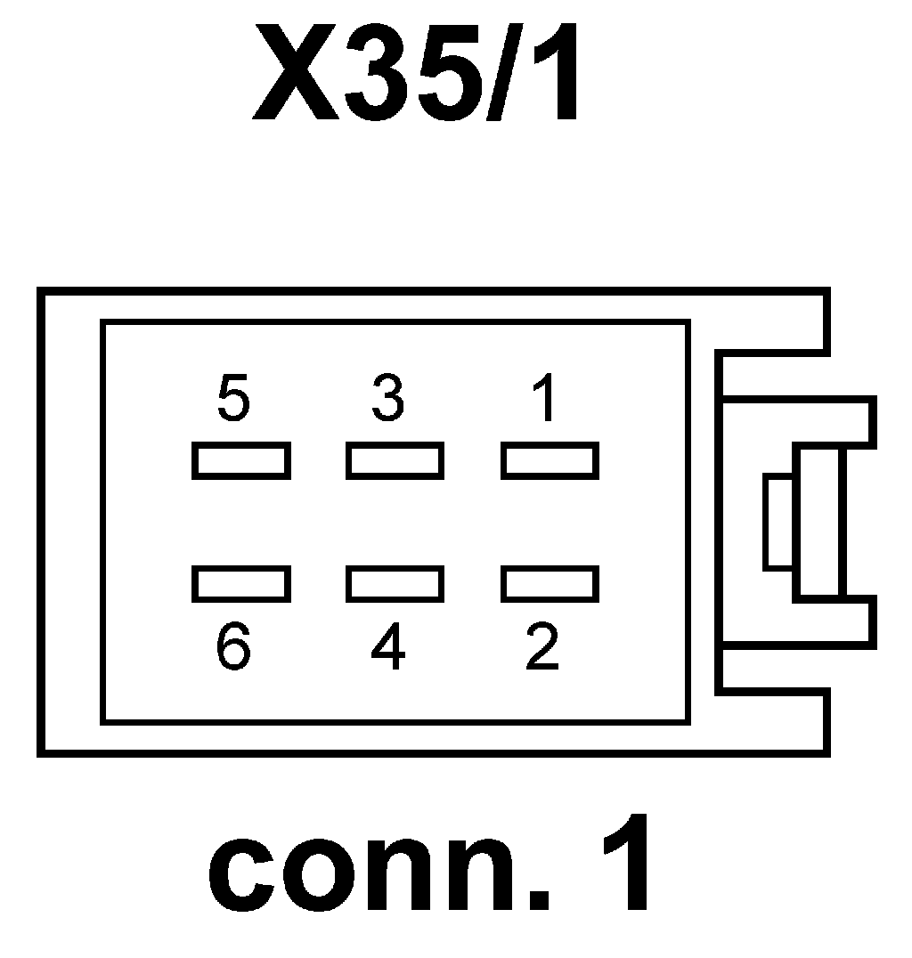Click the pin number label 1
coord(543,399)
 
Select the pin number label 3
coord(388,399)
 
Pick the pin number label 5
coord(233,399)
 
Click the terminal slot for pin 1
coord(550,461)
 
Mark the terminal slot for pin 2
coord(550,584)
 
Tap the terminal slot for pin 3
coord(395,461)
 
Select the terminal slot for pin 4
coord(395,584)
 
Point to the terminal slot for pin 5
coord(240,461)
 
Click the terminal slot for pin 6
coord(240,584)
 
